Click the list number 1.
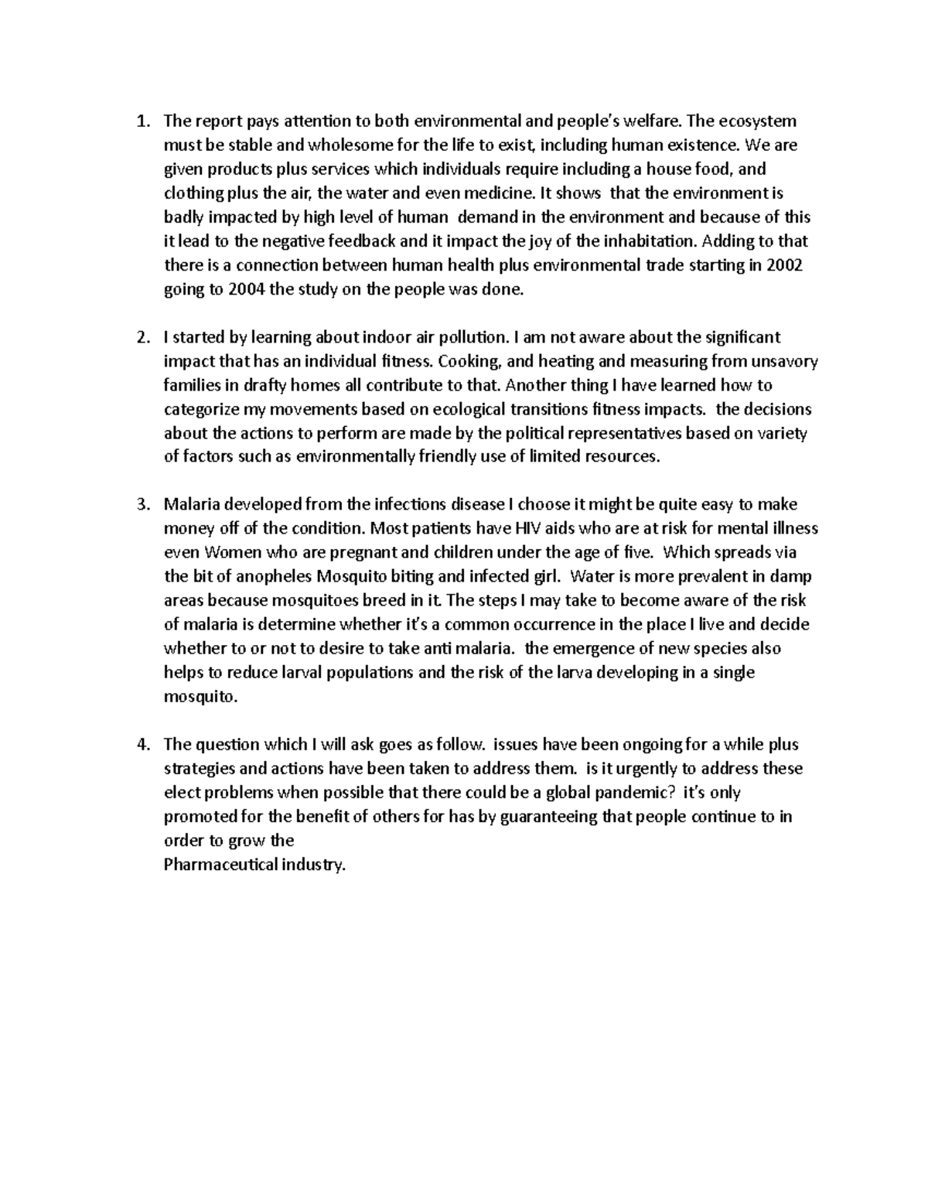point(140,121)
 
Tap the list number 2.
point(140,337)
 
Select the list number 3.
point(140,505)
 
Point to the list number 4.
point(140,745)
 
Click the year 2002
point(786,265)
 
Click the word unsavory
point(786,361)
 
